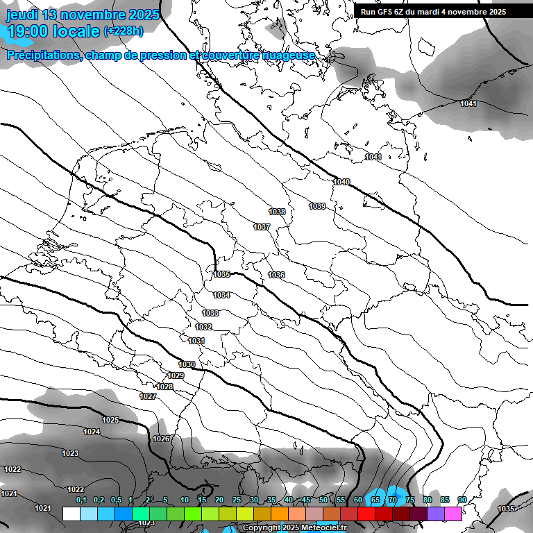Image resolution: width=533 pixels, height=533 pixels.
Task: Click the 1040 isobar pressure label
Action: coord(341,182)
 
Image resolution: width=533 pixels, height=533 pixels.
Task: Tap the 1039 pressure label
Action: coord(317,206)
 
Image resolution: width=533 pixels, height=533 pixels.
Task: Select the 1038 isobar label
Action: coord(277,212)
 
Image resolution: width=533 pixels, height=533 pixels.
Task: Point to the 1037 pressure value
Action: coord(262,228)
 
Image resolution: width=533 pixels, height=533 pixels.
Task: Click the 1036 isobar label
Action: coord(276,276)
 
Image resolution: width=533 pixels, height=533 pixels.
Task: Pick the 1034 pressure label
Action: coord(221,296)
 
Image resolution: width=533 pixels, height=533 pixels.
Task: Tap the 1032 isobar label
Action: coord(203,327)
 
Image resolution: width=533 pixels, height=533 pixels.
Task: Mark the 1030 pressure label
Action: coord(187,364)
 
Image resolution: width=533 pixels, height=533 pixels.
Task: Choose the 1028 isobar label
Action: coord(164,387)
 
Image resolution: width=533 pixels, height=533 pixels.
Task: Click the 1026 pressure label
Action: coord(161,439)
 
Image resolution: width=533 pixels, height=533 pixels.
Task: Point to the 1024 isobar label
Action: coord(92,432)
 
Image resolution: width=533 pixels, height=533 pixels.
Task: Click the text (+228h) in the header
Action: coord(124,31)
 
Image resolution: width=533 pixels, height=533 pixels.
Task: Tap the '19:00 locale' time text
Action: coord(53,31)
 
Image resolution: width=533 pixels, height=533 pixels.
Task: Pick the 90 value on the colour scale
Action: coord(462,500)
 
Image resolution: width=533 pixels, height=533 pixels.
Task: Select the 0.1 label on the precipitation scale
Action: coord(81,500)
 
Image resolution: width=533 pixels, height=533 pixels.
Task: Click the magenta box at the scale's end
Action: coord(453,514)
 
